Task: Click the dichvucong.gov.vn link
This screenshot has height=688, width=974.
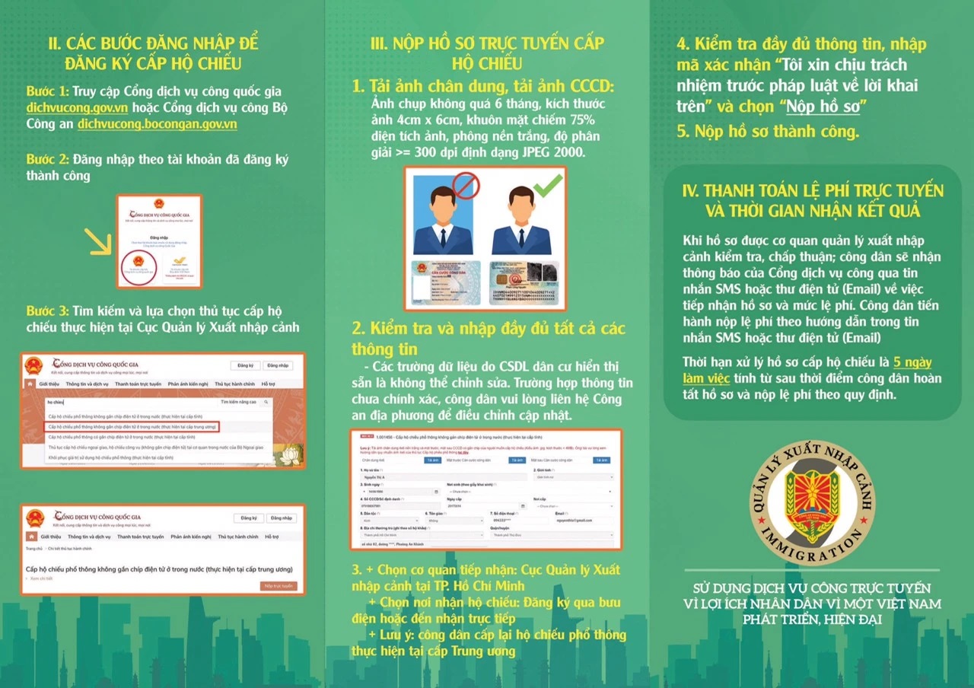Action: click(x=65, y=107)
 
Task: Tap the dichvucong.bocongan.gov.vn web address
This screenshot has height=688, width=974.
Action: click(x=158, y=123)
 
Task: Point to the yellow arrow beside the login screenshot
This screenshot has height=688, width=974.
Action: click(x=99, y=243)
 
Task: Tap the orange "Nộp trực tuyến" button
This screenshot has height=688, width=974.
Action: click(x=278, y=585)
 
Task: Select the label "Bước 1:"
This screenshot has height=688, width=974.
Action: click(x=48, y=91)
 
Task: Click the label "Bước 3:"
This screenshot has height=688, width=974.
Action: click(x=48, y=311)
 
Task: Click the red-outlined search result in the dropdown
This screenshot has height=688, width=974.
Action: click(x=132, y=427)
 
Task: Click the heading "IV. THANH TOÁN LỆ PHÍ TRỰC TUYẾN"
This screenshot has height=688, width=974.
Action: click(x=812, y=191)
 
